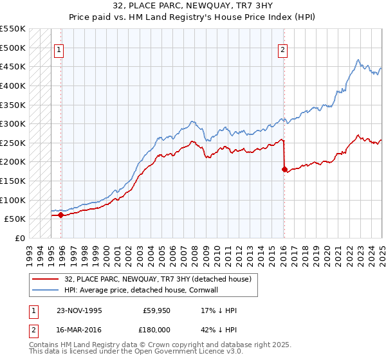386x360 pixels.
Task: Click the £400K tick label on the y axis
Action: point(13,85)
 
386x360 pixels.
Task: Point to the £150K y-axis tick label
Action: point(13,181)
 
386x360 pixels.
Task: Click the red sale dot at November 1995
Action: point(61,215)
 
